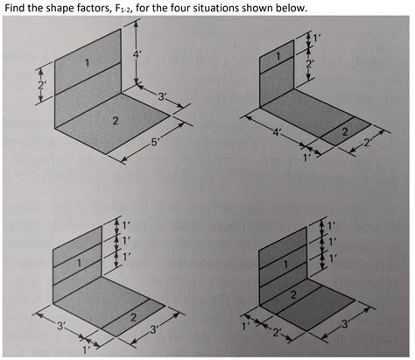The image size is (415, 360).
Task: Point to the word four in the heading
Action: click(x=189, y=8)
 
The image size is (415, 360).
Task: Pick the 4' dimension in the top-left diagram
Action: click(x=137, y=53)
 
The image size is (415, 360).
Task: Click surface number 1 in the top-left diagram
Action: click(x=87, y=62)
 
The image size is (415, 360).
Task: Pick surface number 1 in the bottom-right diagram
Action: click(x=285, y=262)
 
